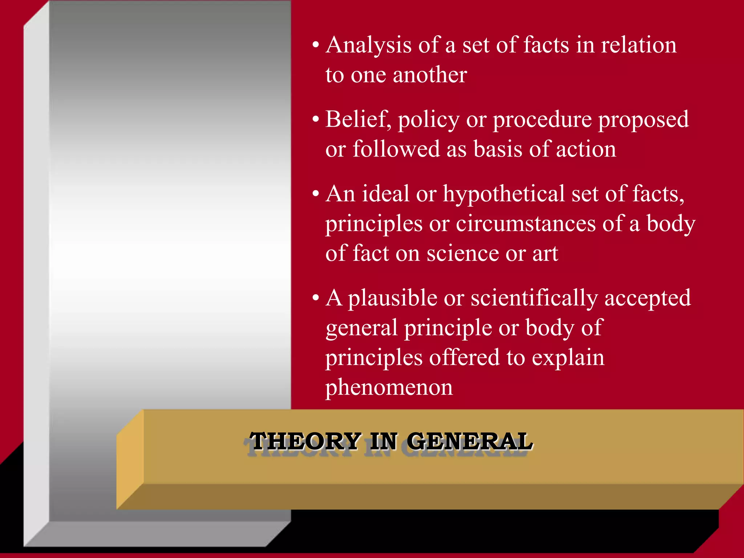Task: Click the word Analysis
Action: click(368, 46)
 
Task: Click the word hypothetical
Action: click(504, 195)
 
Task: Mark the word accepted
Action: click(647, 299)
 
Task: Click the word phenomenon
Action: click(389, 388)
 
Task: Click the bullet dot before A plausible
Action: click(316, 298)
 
